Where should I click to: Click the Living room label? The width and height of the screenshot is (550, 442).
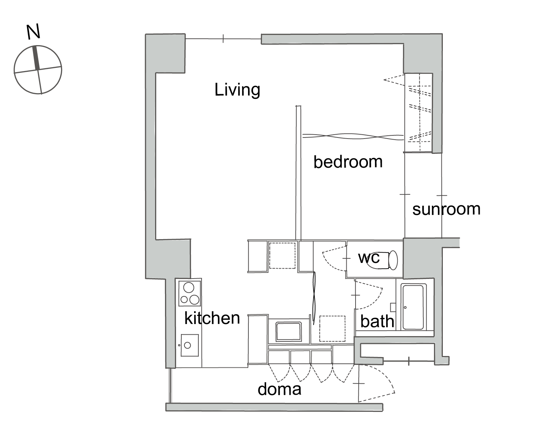(237, 90)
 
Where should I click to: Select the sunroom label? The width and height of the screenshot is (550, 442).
(446, 209)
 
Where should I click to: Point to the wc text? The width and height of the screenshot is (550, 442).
(369, 258)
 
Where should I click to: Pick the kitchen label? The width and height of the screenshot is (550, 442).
(212, 318)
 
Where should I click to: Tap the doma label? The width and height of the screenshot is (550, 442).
(279, 389)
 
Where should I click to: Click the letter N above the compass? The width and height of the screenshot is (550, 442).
(33, 32)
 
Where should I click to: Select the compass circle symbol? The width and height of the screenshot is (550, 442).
(38, 70)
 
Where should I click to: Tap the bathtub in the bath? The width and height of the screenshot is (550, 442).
(413, 307)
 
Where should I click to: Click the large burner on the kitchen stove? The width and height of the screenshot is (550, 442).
(189, 287)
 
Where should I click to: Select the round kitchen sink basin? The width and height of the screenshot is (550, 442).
(187, 345)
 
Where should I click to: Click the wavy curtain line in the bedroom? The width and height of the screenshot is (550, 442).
(353, 136)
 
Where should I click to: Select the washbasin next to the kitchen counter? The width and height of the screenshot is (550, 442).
(288, 331)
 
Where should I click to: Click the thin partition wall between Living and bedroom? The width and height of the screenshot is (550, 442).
(298, 173)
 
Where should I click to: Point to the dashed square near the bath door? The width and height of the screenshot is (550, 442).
(332, 329)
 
